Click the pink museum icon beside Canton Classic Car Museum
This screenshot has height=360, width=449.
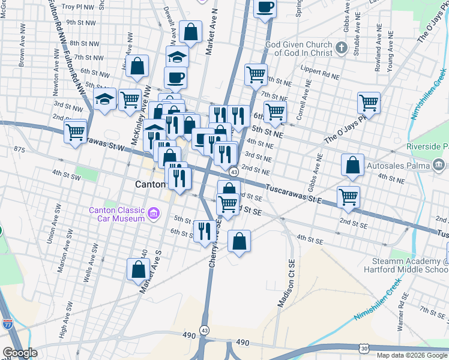[x=154, y=212]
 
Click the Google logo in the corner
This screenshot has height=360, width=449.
[x=20, y=353]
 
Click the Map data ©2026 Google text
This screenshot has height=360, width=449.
[x=411, y=355]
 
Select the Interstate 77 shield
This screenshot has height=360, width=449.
[x=8, y=324]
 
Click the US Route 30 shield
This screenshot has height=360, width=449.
[x=364, y=348]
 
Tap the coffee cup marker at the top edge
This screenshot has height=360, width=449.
[x=265, y=8]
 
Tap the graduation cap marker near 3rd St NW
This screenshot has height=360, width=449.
[x=105, y=98]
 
